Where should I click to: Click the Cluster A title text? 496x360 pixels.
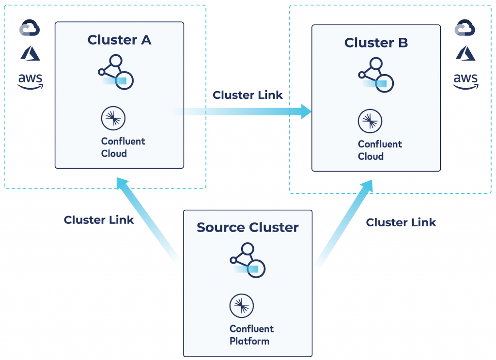[119, 40]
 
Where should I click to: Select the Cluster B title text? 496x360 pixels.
[376, 43]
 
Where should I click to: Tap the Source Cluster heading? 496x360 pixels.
[248, 227]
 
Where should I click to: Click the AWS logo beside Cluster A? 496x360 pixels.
[30, 81]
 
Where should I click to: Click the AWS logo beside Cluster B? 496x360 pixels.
[465, 81]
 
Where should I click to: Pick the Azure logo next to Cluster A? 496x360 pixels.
[30, 53]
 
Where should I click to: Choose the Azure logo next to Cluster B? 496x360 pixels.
[465, 53]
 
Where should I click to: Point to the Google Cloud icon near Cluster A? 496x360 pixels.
[30, 28]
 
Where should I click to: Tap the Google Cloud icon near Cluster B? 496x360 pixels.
[465, 28]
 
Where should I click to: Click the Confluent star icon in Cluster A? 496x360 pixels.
[113, 118]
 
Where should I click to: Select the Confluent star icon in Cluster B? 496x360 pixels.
[370, 121]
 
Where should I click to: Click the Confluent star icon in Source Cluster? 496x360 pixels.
[242, 305]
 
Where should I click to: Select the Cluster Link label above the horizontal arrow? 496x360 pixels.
[248, 95]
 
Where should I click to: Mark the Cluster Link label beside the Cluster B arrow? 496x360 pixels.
[401, 222]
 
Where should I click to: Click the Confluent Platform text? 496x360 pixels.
[251, 335]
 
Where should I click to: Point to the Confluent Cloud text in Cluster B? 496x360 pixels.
[380, 150]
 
